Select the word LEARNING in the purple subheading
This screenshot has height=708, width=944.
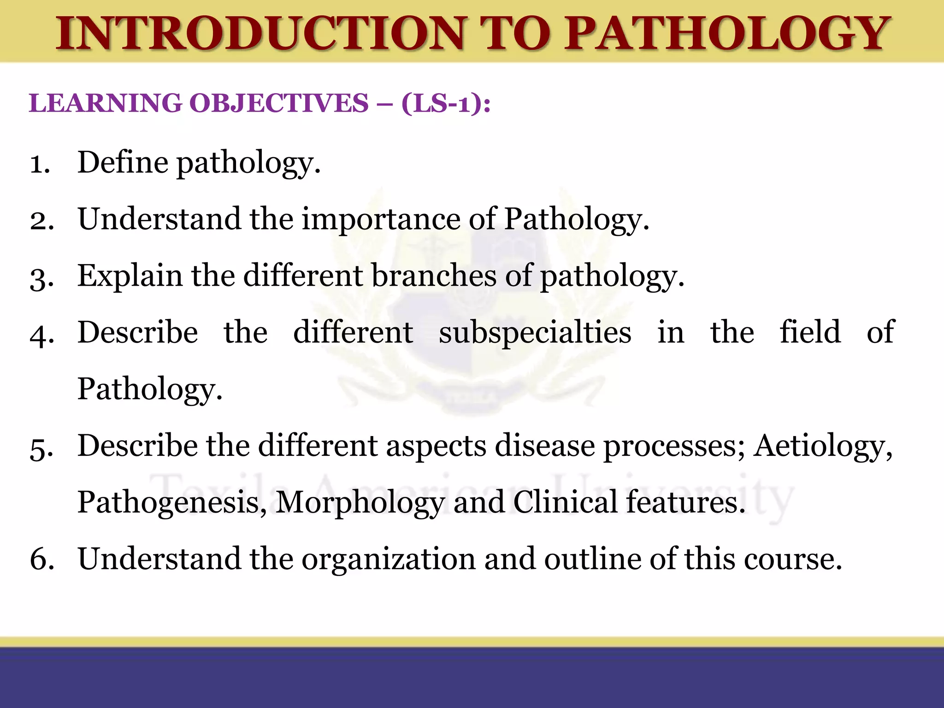click(x=106, y=103)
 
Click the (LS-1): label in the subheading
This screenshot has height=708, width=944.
click(x=446, y=103)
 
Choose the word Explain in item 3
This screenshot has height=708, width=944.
click(x=130, y=277)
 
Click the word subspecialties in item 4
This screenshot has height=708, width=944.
click(x=535, y=333)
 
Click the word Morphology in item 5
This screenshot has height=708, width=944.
click(x=360, y=502)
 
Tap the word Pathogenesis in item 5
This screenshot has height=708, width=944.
click(x=172, y=502)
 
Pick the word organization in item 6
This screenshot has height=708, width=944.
click(x=388, y=560)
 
